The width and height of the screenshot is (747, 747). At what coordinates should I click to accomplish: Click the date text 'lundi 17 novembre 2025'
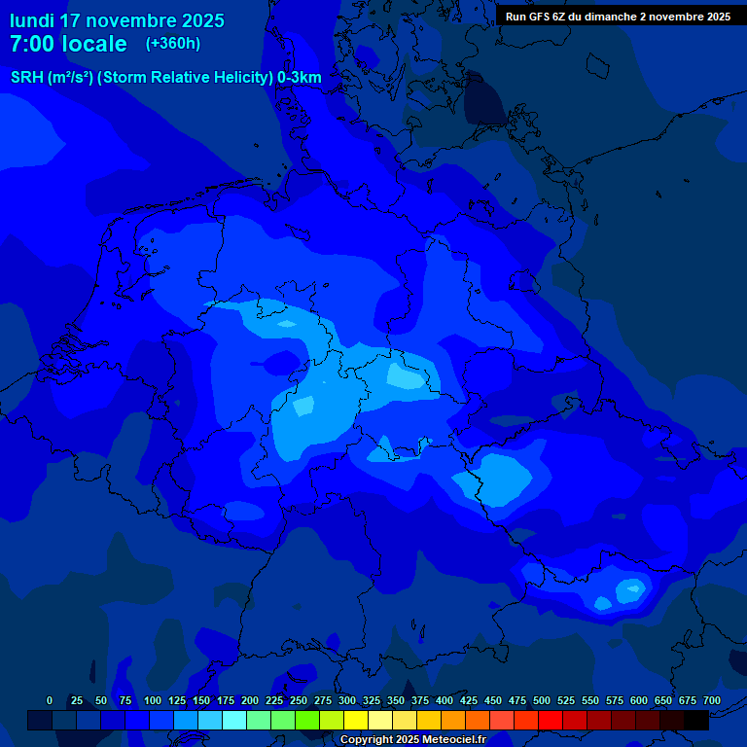[117, 20]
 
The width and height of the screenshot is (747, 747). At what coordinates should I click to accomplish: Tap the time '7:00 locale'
[68, 44]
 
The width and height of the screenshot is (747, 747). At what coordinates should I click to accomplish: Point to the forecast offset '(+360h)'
[173, 44]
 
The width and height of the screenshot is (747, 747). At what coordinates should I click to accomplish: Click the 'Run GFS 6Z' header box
[619, 17]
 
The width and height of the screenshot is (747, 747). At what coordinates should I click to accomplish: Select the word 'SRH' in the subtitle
[26, 78]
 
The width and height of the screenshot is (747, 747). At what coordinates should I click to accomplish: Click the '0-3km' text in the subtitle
[300, 78]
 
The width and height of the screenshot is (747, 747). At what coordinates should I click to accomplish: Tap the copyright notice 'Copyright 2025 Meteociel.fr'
[412, 739]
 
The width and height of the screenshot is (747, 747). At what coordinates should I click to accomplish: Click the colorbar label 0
[50, 700]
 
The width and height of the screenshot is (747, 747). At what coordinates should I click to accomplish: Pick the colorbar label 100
[153, 700]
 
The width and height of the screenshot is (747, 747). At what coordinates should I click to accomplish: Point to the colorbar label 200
[250, 700]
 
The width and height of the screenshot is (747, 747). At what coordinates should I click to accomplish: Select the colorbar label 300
[347, 700]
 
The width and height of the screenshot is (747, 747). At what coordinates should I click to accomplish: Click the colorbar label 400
[445, 700]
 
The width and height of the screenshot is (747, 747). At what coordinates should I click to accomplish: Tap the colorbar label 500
[542, 700]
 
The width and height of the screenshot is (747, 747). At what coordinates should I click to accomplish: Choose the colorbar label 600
[639, 700]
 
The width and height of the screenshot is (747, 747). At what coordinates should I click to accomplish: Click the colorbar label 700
[712, 700]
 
